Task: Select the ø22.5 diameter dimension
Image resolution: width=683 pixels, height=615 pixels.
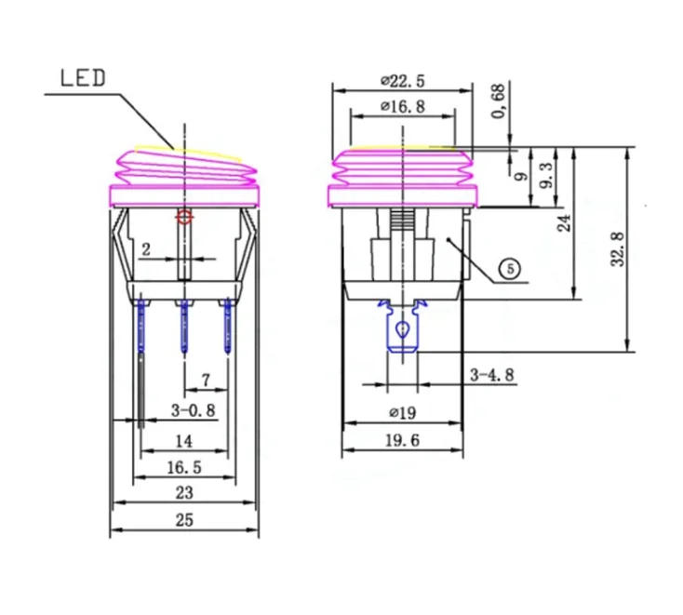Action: [x=401, y=80]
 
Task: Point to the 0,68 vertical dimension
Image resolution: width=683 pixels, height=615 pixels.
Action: [x=501, y=102]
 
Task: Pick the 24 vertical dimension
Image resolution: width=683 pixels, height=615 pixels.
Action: [x=564, y=223]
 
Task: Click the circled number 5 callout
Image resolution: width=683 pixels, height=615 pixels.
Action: [x=509, y=269]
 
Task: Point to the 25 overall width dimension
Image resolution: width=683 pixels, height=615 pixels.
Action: [x=184, y=521]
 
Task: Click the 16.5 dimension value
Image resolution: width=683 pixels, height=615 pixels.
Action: [x=184, y=467]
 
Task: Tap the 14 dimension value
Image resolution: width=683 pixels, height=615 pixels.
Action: [x=184, y=440]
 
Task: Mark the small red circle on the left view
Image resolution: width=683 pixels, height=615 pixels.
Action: [x=184, y=218]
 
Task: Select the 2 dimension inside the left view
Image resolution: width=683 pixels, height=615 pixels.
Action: [x=145, y=248]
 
